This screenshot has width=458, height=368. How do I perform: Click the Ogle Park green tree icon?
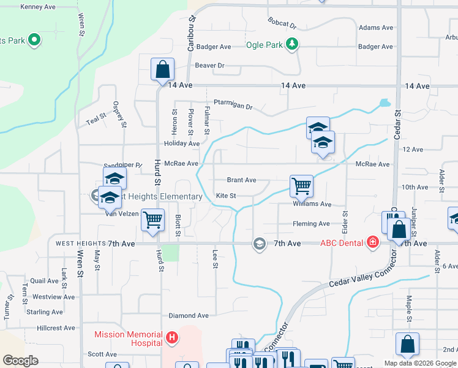[293, 44]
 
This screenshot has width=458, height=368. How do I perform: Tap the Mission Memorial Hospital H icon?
[172, 337]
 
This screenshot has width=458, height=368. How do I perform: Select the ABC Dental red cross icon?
[372, 243]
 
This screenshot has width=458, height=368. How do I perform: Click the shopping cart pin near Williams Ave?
[301, 185]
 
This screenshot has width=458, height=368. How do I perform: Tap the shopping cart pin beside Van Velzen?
[152, 219]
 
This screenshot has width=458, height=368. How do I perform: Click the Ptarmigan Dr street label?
[233, 105]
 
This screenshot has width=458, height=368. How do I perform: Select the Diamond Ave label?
[189, 316]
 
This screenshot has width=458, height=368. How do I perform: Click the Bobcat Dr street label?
[282, 23]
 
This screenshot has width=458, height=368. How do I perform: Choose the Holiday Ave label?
[182, 144]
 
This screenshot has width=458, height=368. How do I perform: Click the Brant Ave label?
[241, 180]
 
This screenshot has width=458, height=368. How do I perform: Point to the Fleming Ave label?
[311, 224]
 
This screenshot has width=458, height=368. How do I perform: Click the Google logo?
[21, 361]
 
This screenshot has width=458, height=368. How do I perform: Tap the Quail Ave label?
[45, 281]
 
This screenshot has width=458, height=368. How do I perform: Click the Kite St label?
[226, 196]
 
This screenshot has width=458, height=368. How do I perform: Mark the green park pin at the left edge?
[34, 41]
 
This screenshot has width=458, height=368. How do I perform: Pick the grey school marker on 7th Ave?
[260, 243]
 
